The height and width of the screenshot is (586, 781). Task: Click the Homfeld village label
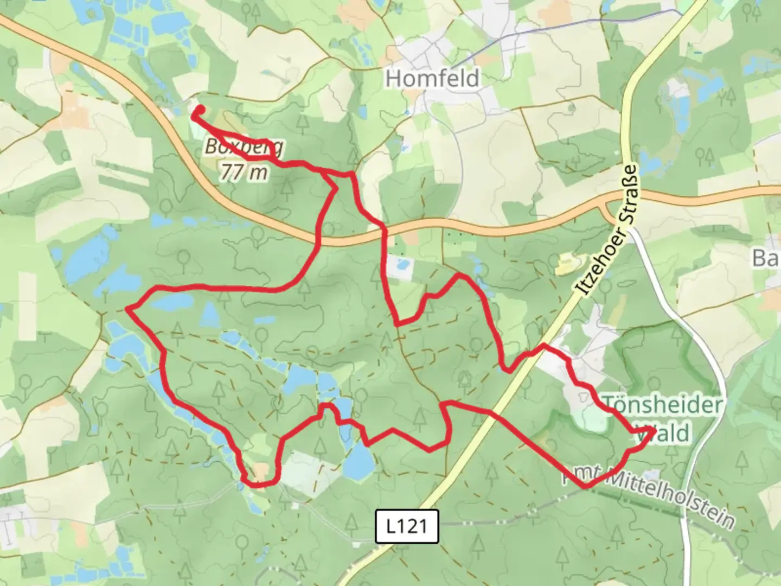432,79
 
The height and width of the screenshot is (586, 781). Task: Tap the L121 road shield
407,526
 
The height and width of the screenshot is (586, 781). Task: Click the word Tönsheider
662,405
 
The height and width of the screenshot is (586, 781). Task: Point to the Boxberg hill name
244,147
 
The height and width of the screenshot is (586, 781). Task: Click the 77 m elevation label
244,172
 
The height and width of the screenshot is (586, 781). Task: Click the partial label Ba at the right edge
766,258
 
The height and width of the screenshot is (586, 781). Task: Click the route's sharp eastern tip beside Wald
654,431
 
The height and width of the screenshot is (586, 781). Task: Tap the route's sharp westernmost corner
127,309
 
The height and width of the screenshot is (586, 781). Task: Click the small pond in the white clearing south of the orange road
402,266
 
